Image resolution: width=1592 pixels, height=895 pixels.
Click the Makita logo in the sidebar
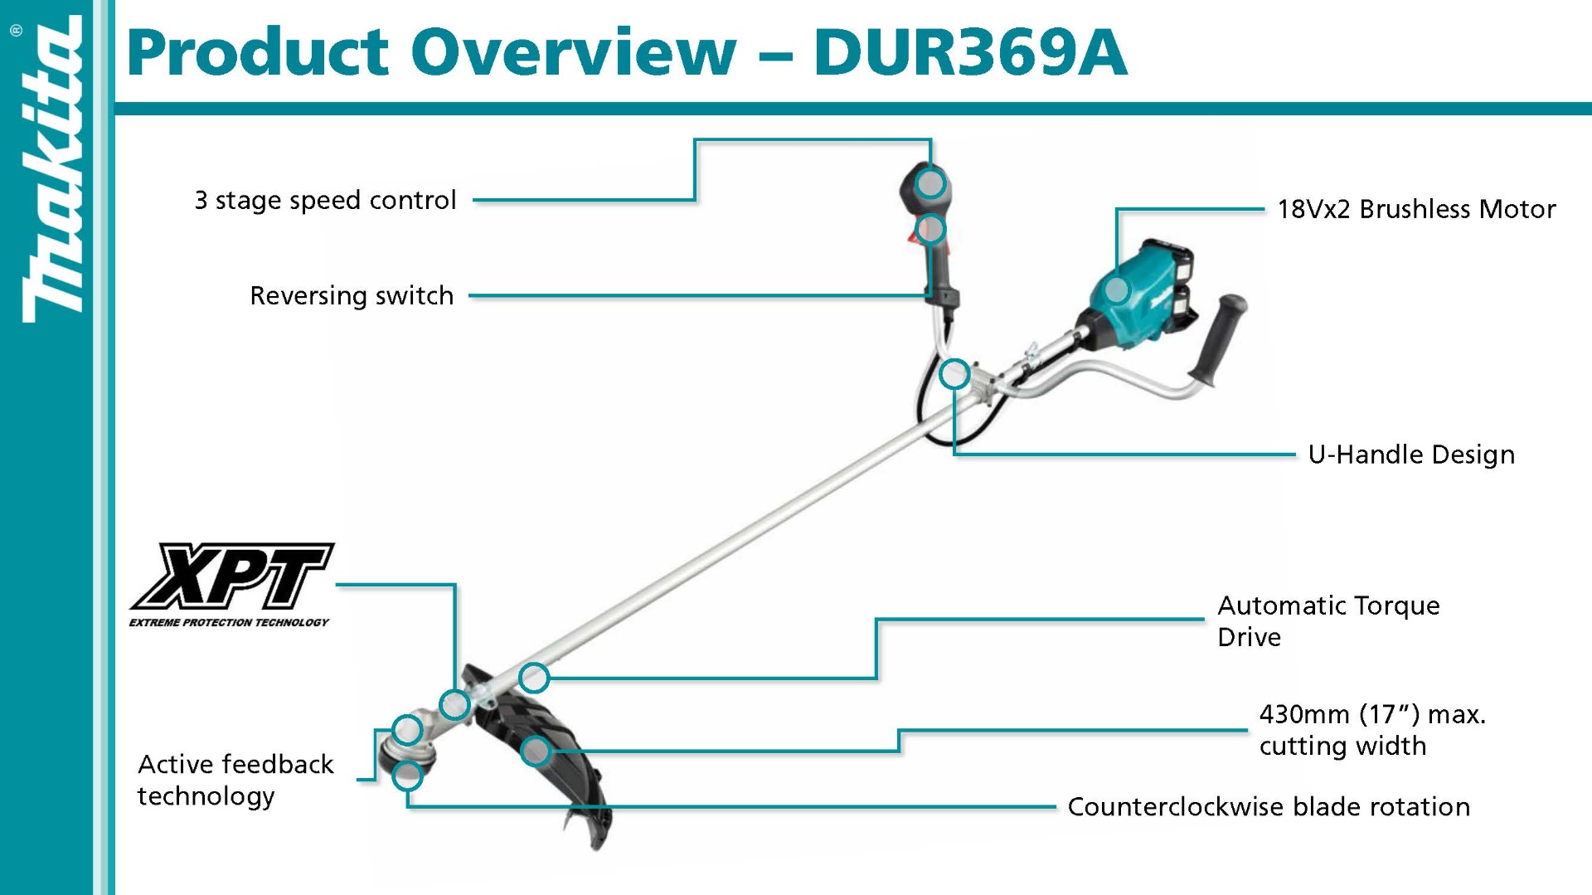pyautogui.click(x=51, y=170)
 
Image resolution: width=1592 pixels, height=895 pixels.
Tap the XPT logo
pyautogui.click(x=233, y=576)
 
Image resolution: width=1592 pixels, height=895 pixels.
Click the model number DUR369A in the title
pyautogui.click(x=969, y=52)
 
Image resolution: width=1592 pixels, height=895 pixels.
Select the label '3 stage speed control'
pyautogui.click(x=325, y=200)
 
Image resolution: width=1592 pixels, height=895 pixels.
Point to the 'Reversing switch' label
pyautogui.click(x=352, y=295)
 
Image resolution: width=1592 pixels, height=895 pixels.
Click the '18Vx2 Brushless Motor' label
pyautogui.click(x=1415, y=209)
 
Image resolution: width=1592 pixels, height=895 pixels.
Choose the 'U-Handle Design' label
pyautogui.click(x=1410, y=455)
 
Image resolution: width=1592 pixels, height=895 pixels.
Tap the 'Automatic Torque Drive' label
pyautogui.click(x=1327, y=621)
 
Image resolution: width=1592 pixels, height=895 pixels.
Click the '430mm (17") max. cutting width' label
pyautogui.click(x=1372, y=730)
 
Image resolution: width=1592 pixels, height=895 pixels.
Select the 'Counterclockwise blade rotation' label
pyautogui.click(x=1268, y=806)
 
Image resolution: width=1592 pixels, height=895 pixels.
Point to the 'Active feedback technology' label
pyautogui.click(x=235, y=780)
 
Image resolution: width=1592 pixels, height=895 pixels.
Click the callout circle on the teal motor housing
pyautogui.click(x=1117, y=289)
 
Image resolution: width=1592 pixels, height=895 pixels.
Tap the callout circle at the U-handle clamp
pyautogui.click(x=954, y=374)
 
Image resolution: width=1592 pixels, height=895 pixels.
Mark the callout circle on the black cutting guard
pyautogui.click(x=536, y=752)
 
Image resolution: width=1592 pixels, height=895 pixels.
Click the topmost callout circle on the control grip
pyautogui.click(x=930, y=182)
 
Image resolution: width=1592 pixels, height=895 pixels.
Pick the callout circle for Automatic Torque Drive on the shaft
pyautogui.click(x=534, y=678)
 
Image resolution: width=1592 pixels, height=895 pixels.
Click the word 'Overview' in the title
pyautogui.click(x=573, y=52)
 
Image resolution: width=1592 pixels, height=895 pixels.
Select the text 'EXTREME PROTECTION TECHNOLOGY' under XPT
pyautogui.click(x=229, y=622)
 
